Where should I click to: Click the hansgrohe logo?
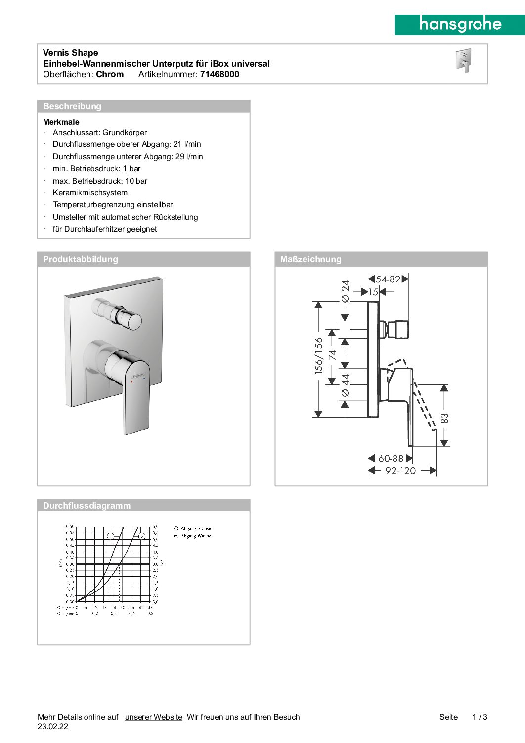coord(460,24)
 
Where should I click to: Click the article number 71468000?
coord(219,74)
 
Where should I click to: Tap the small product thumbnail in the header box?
coord(464,61)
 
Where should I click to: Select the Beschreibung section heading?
coord(72,106)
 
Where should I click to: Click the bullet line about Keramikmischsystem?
coord(90,193)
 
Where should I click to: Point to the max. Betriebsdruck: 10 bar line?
coord(100,181)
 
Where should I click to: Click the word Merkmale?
coord(61,122)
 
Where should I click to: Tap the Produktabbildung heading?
coord(81,259)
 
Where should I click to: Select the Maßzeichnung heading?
coord(310,259)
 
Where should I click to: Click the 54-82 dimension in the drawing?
coord(388,279)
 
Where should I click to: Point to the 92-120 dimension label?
coord(400,471)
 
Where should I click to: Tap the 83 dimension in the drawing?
coord(444,418)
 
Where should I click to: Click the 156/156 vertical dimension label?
coord(319,356)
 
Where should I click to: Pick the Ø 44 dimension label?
coord(345,385)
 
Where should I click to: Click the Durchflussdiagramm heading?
coord(87,506)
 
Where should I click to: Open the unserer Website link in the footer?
coord(154,717)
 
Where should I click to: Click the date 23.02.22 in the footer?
coord(53,727)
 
